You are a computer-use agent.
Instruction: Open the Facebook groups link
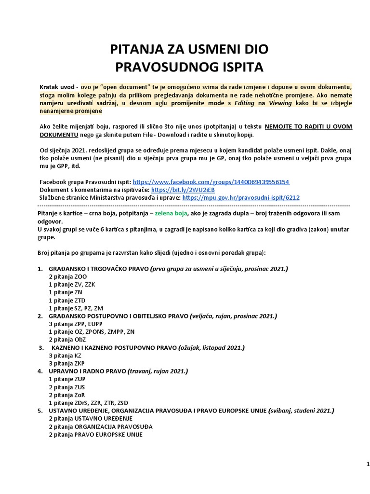click(211, 182)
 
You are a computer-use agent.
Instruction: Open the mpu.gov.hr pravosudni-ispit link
click(241, 198)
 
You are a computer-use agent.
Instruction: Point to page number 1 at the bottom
click(368, 464)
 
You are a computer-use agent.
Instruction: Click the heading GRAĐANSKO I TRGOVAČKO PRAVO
click(98, 269)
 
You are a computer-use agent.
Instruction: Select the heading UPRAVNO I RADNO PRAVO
click(87, 371)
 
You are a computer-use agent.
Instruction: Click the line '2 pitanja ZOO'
click(67, 276)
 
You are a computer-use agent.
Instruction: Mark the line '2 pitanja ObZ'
click(66, 340)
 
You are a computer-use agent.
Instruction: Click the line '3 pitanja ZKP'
click(66, 363)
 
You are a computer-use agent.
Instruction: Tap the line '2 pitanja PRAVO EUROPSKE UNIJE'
click(95, 434)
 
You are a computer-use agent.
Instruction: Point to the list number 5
click(40, 411)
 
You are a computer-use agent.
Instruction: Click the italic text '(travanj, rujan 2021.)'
click(158, 371)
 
